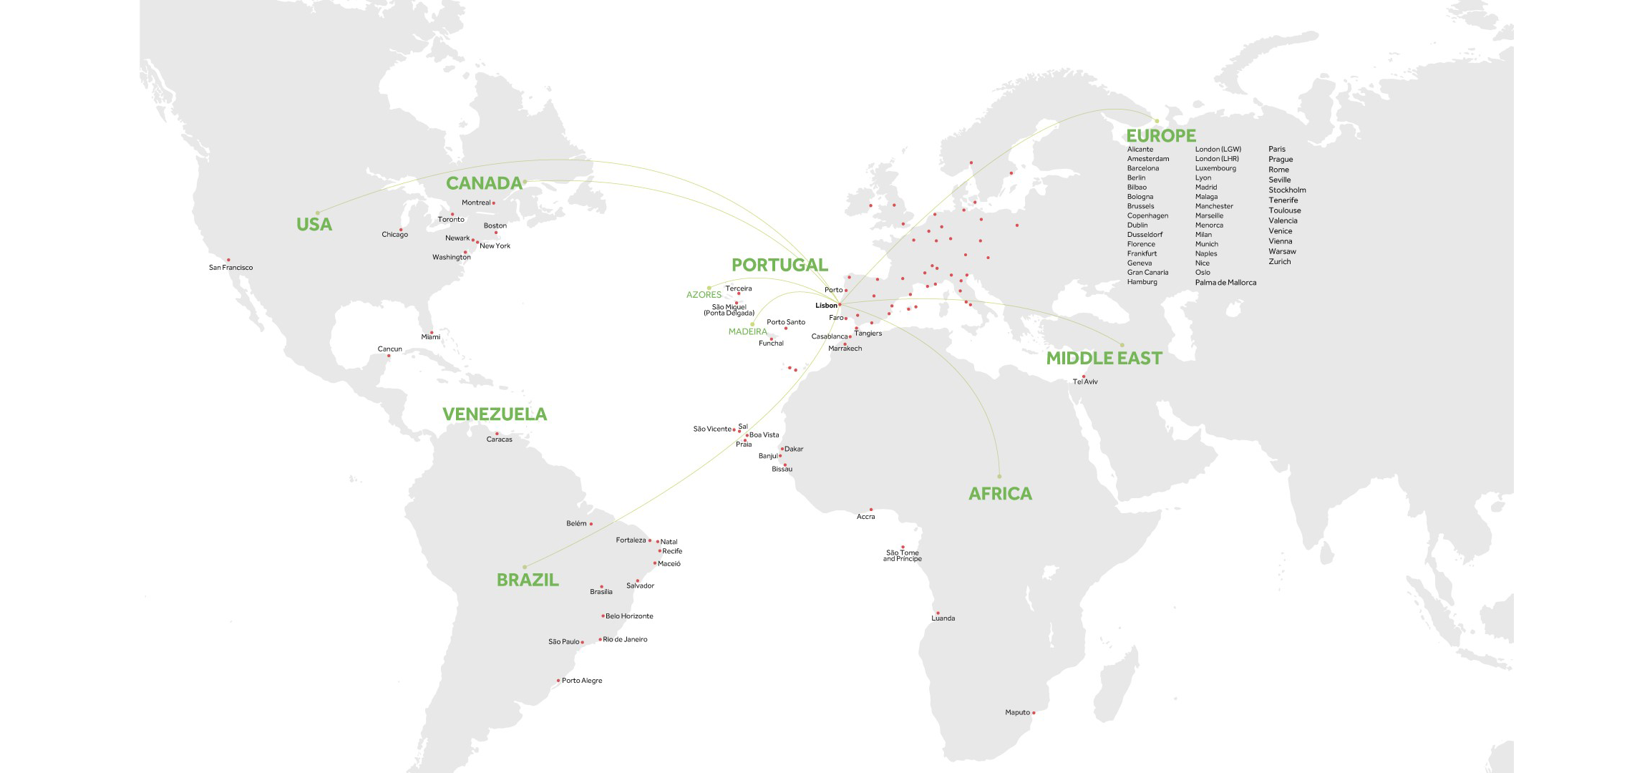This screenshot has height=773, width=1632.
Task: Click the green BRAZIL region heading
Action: tap(528, 580)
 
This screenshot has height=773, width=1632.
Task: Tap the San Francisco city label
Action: tap(230, 268)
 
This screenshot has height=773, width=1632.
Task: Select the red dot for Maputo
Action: tap(1034, 712)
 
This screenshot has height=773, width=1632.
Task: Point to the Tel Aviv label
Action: tap(1085, 381)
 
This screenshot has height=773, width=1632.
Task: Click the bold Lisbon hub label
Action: tap(826, 306)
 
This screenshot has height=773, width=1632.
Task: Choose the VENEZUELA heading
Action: tap(495, 414)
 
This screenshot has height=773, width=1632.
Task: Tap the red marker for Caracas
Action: tap(497, 434)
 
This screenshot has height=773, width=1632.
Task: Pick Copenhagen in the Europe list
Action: tap(1147, 215)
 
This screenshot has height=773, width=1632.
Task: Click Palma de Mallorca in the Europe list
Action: tap(1225, 283)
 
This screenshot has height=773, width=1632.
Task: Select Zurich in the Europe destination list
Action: tap(1280, 262)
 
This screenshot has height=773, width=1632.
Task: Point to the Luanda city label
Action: tap(943, 618)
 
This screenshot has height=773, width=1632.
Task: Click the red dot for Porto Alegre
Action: tap(558, 681)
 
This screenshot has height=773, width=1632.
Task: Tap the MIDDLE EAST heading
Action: tap(1104, 358)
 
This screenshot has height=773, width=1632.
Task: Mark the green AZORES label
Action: tap(704, 295)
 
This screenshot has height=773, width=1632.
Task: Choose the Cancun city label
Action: tap(390, 349)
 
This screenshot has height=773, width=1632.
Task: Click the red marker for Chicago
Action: tap(401, 230)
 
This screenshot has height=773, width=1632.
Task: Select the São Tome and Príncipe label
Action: tap(902, 555)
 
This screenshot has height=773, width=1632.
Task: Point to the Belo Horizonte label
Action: tap(629, 616)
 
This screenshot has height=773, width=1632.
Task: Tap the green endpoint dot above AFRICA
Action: tap(999, 477)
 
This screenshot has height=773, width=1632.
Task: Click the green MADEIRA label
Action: tap(747, 332)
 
